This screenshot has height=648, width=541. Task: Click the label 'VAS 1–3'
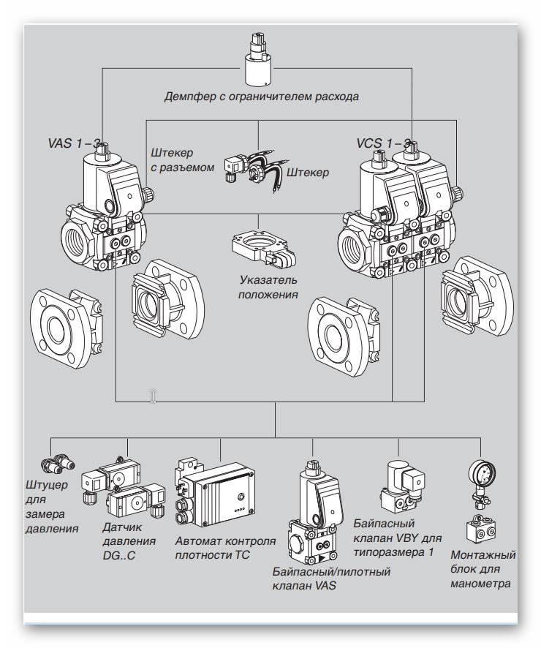[x=73, y=144]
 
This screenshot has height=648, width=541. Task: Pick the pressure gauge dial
[x=480, y=475]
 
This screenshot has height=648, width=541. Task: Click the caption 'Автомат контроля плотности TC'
[x=224, y=549]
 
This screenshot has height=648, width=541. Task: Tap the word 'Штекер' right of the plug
[x=308, y=173]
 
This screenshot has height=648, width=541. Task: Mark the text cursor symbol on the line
[x=153, y=396]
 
